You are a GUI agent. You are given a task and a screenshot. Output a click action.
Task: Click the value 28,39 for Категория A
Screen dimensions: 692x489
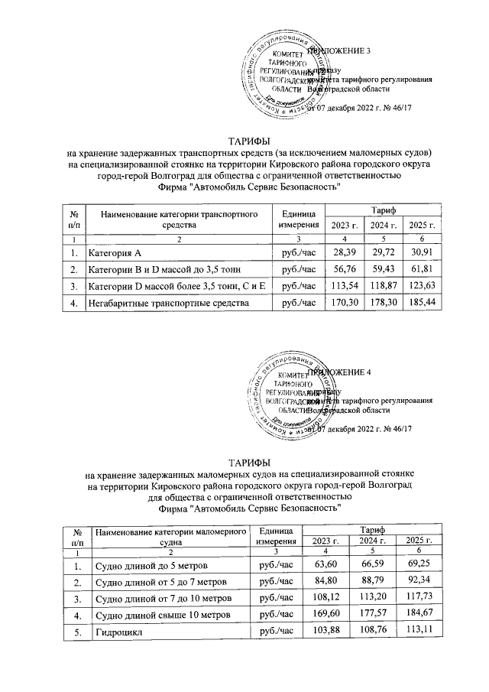[x=339, y=252]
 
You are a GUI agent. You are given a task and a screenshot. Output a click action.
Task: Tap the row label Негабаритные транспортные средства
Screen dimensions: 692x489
[x=169, y=304]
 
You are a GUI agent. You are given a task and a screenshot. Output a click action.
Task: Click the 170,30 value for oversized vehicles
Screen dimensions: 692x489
[x=339, y=304]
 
